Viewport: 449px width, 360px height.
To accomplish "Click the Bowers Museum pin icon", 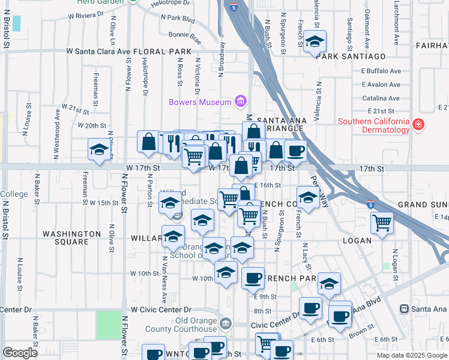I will click(x=241, y=101).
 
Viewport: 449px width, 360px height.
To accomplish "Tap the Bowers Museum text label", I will click(x=200, y=101).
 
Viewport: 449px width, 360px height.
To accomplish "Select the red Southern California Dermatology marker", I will click(x=419, y=126).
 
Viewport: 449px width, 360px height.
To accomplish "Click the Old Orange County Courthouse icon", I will click(x=225, y=324).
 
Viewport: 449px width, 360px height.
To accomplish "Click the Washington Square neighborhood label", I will click(x=71, y=238).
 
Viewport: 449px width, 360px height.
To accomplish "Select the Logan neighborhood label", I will click(x=358, y=240).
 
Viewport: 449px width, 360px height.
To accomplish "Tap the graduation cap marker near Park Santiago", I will click(x=315, y=42).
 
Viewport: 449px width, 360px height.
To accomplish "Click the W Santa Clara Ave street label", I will click(x=98, y=52).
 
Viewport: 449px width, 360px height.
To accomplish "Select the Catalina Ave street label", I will click(x=381, y=98).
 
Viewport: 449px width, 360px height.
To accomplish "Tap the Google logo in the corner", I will click(x=20, y=353).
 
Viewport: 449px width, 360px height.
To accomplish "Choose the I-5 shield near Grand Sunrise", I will click(x=371, y=204).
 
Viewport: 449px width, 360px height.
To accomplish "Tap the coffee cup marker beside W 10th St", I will click(x=253, y=278).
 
